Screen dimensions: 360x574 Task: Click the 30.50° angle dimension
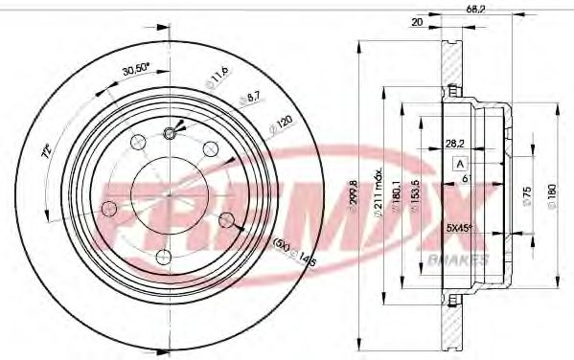[x=143, y=70]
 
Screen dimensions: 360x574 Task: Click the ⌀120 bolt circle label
[x=281, y=126]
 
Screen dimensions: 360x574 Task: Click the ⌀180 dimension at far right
[x=550, y=195]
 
